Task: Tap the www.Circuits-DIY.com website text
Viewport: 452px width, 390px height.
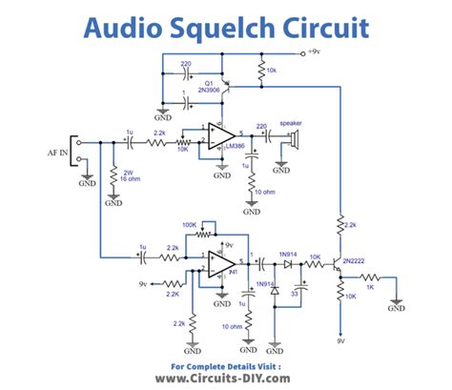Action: coord(225,377)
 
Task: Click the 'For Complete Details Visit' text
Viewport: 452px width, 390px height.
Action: coord(225,363)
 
